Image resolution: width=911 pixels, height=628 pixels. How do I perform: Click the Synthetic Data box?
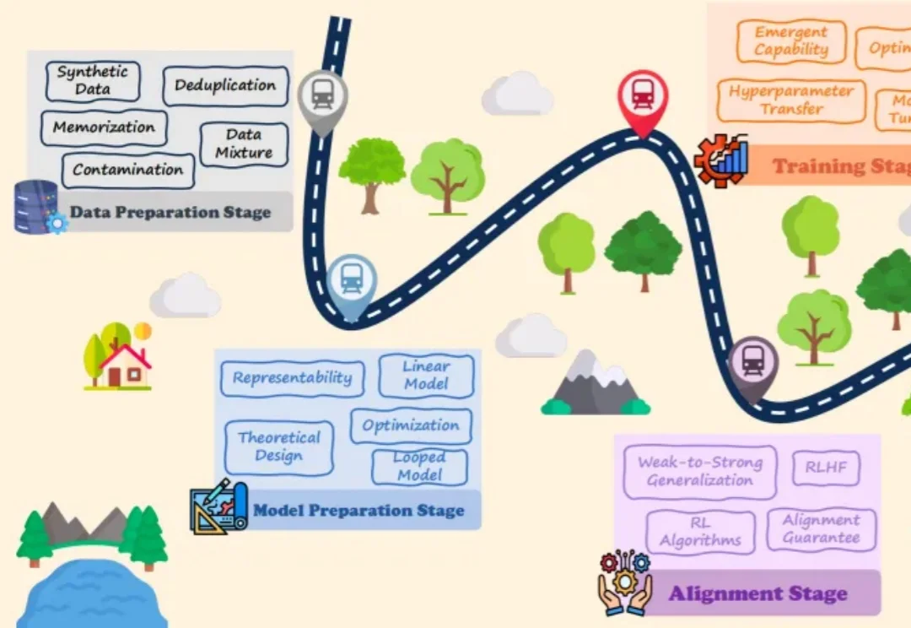coord(93,81)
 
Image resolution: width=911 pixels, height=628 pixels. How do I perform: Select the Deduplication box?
coord(225,86)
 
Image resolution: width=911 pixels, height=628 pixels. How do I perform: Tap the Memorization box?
coord(104,128)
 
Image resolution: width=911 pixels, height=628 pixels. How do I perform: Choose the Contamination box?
coord(127,170)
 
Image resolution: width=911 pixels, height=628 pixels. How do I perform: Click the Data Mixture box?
coord(244,144)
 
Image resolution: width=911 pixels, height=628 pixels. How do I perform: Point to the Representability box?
coord(292,378)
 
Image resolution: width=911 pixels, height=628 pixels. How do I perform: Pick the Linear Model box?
coord(426,375)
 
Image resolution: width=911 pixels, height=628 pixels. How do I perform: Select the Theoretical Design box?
coord(279,447)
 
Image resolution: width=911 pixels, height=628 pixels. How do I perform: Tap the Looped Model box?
coord(419,466)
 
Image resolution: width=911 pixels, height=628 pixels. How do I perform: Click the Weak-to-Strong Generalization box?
coord(699,472)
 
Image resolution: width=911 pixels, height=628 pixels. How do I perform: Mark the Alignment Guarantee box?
coord(821,529)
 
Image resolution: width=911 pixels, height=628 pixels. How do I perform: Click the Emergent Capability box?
coord(791,41)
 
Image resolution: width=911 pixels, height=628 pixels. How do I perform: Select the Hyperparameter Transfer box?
coord(791,100)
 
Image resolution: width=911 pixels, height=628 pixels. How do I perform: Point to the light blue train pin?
coord(352,282)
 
